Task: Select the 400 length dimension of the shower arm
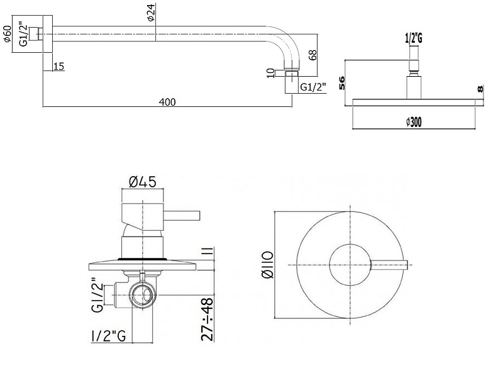click(x=167, y=102)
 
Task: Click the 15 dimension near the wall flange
click(x=58, y=66)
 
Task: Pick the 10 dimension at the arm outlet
click(x=270, y=73)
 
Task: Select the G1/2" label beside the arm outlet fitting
click(x=313, y=87)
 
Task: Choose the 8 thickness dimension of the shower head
click(x=481, y=90)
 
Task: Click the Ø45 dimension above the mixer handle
click(x=142, y=182)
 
